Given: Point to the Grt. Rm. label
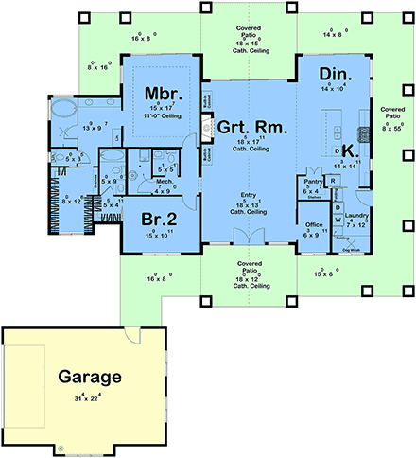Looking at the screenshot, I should coord(253,126).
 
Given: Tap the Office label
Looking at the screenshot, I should coord(314,224).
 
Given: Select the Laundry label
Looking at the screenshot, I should coord(357,217).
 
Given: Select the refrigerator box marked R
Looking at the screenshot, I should coord(334,180).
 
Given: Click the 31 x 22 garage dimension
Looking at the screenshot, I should coord(86,396).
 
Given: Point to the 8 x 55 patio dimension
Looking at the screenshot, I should coord(392,123).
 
